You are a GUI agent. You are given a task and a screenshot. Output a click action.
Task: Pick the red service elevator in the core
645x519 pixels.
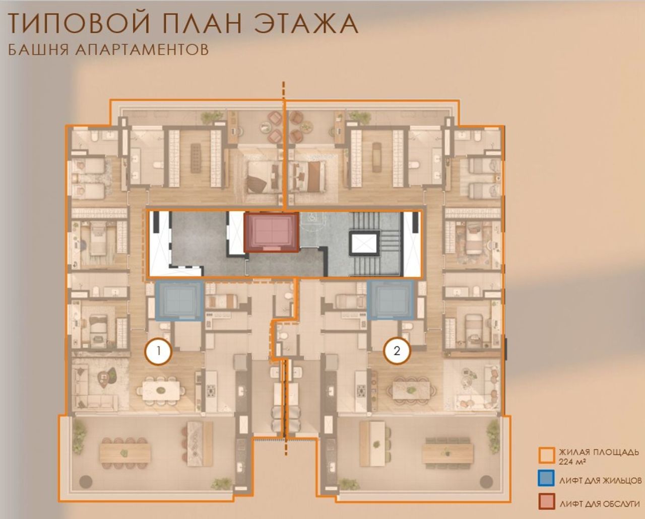[271, 232]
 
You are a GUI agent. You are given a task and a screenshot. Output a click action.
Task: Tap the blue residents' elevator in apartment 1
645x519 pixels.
[179, 301]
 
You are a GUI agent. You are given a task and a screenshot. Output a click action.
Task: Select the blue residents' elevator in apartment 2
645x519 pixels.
[391, 300]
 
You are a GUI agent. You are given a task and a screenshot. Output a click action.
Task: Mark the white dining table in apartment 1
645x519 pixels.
[161, 390]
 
